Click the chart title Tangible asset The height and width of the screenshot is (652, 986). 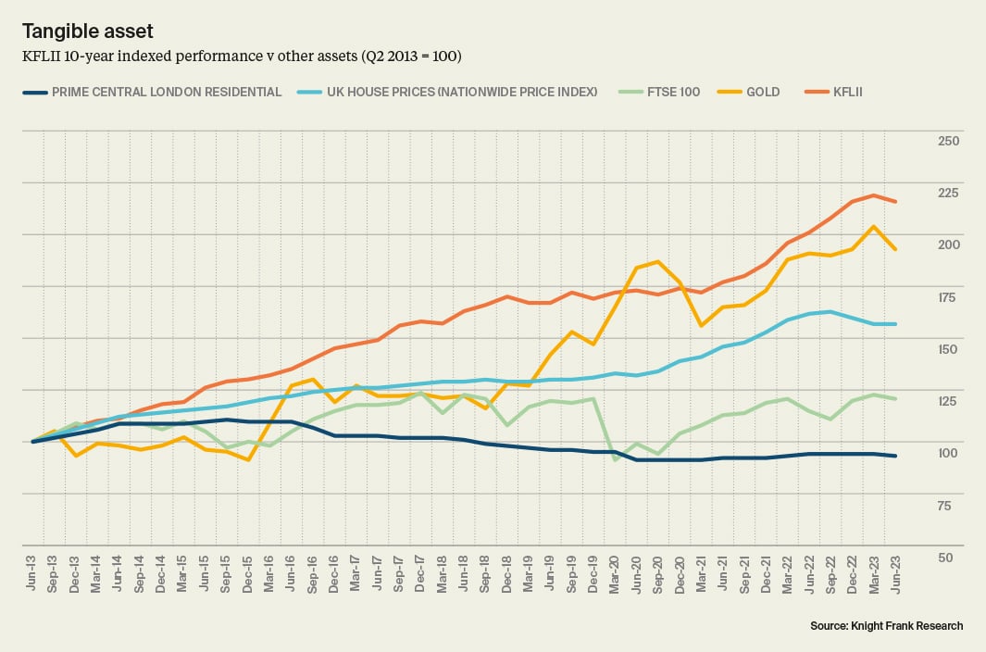click(87, 31)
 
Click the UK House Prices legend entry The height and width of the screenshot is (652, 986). click(449, 92)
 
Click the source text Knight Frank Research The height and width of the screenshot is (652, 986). click(886, 626)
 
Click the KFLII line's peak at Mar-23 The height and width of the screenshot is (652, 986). click(873, 195)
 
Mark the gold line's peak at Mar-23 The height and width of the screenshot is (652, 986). click(873, 226)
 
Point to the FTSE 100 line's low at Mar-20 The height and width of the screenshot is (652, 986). click(615, 459)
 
